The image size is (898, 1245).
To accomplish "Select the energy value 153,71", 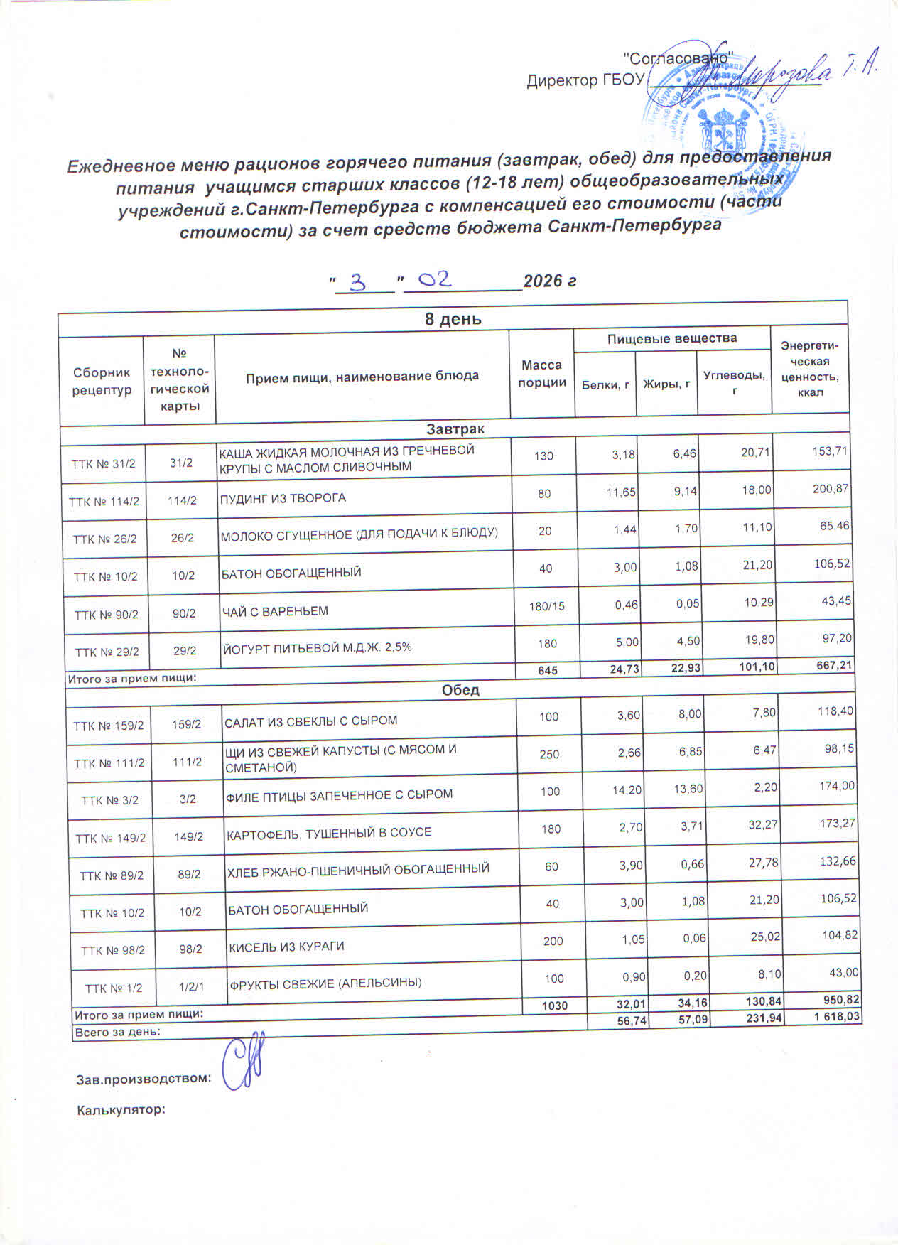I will pos(830,451).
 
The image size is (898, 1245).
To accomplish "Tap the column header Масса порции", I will pos(541,374).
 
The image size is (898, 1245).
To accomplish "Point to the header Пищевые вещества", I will pos(671,339).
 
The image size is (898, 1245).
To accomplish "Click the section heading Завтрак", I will pos(455,429).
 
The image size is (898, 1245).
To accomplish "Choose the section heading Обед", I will pos(460,690).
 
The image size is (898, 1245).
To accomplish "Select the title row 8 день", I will pos(453,319).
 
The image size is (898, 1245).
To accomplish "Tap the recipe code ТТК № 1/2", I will pos(114,988).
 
